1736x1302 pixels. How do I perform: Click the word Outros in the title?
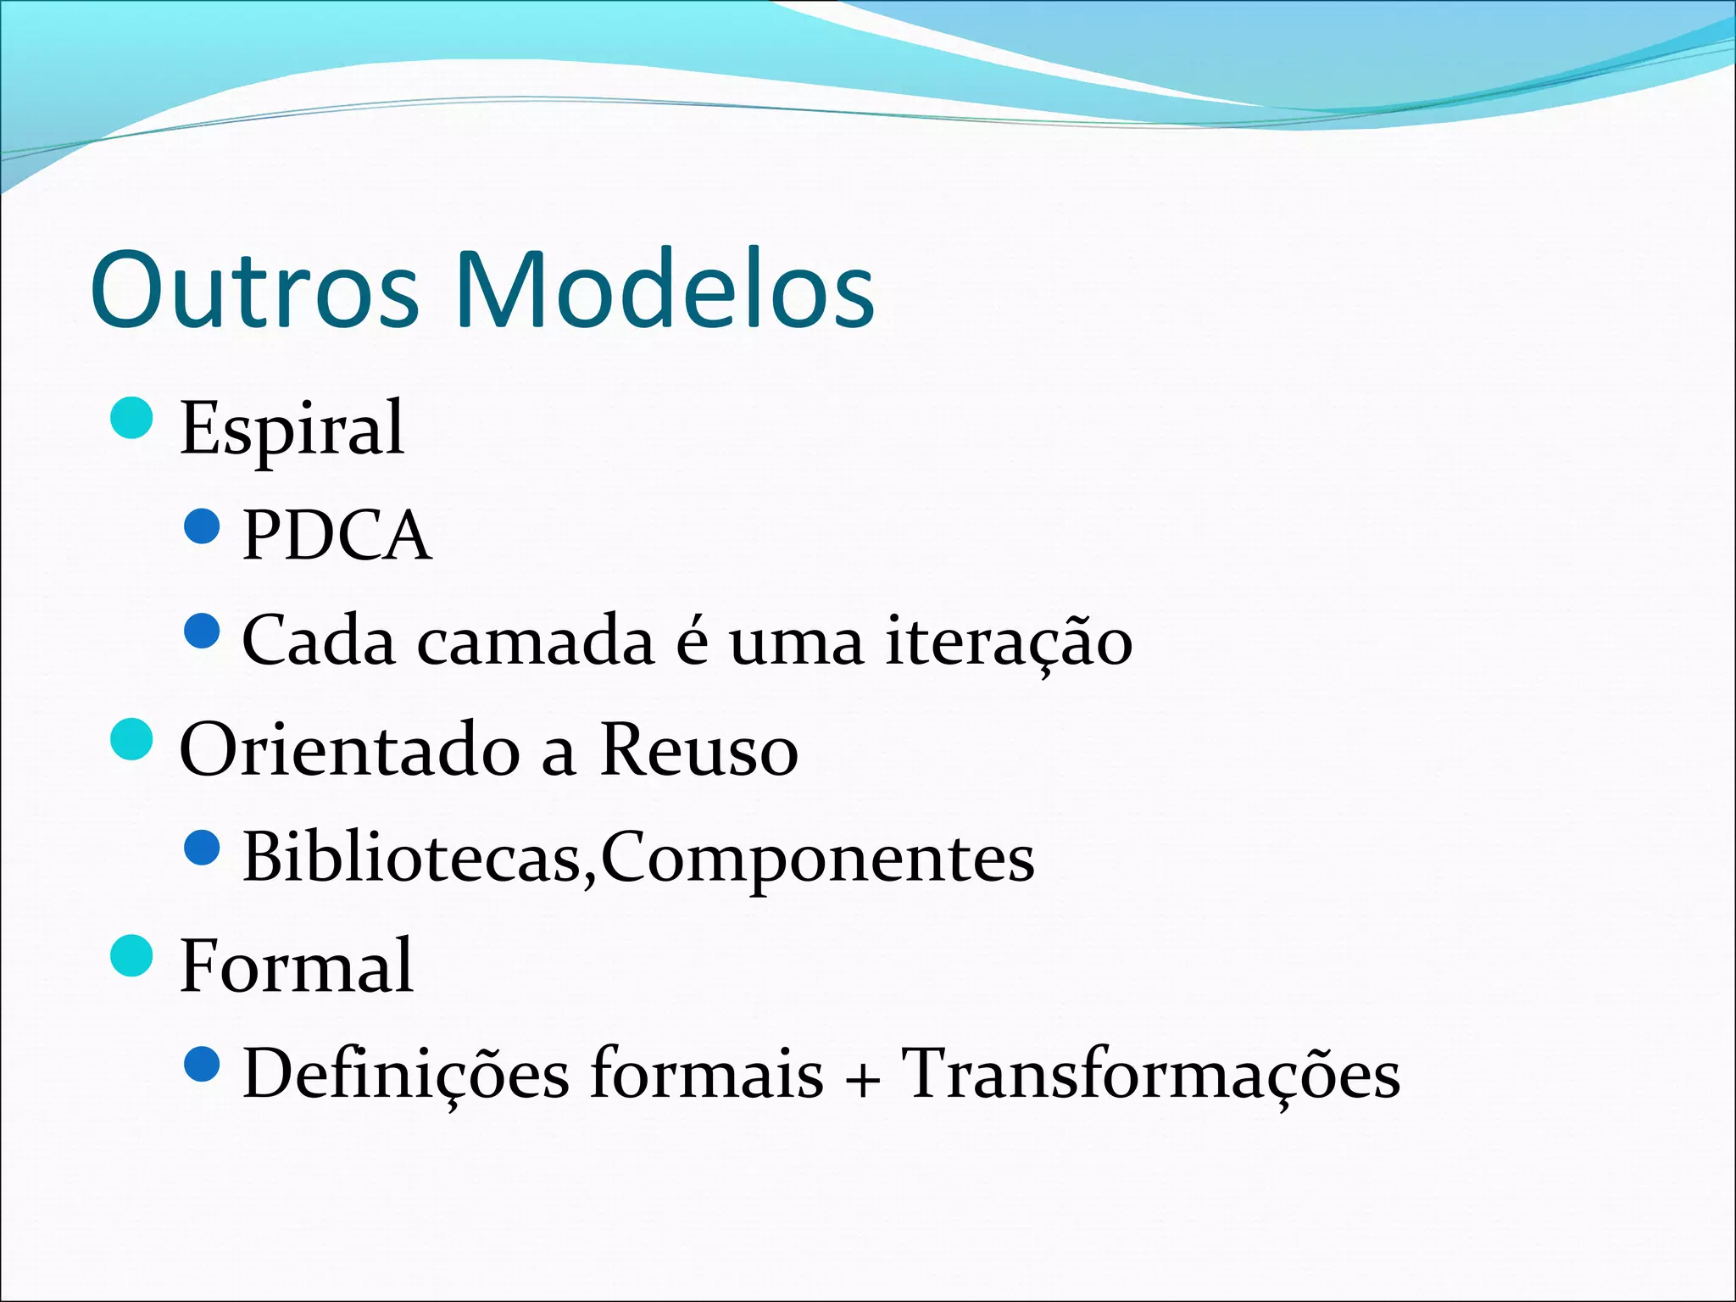(x=254, y=290)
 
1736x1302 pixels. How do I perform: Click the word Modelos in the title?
(x=665, y=290)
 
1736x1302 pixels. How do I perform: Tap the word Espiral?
(x=292, y=429)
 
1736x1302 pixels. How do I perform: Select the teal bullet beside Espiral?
(x=132, y=418)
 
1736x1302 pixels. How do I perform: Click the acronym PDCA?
(x=337, y=536)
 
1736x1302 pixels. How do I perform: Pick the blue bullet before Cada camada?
(x=202, y=632)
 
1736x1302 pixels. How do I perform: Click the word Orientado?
(x=350, y=750)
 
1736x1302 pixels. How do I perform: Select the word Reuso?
(x=699, y=750)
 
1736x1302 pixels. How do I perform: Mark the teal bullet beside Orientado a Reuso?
(x=132, y=740)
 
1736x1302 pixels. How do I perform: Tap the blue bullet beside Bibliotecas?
(x=202, y=848)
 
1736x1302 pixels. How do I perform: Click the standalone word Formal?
(x=297, y=965)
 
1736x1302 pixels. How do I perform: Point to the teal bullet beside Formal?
(x=132, y=955)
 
